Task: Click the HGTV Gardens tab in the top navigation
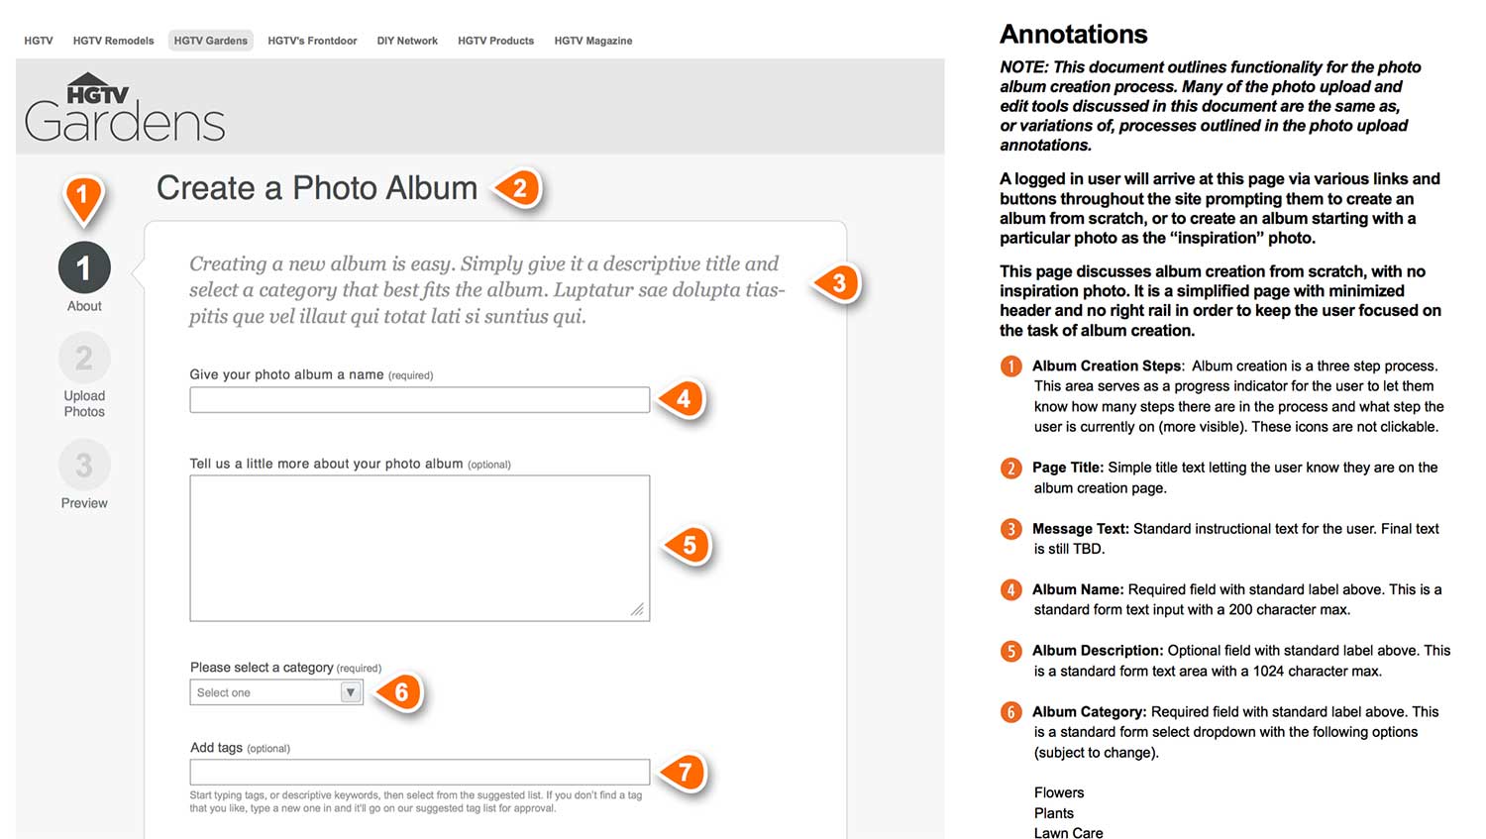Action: [210, 41]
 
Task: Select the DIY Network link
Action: [407, 41]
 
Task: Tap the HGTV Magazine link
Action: [593, 41]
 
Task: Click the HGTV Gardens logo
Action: [125, 107]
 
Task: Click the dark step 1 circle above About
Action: [84, 268]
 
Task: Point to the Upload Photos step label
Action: [84, 403]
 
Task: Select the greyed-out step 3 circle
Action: [84, 465]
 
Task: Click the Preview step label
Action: [84, 503]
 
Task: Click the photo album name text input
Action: [419, 400]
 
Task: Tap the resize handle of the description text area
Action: [638, 609]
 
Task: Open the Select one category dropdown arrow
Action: [351, 692]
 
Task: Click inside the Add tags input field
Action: [419, 772]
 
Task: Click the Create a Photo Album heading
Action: [317, 187]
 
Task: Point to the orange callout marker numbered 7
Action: [685, 772]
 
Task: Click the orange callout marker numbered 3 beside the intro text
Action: [838, 283]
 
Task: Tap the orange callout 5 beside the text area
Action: [689, 545]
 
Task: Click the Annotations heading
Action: [1073, 34]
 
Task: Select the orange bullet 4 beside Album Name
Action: [1011, 589]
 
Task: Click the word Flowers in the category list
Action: [1059, 792]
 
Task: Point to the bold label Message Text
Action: [1080, 529]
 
